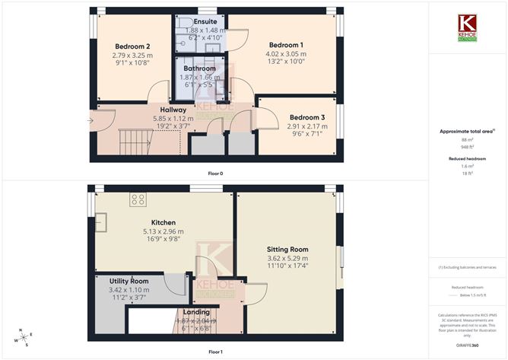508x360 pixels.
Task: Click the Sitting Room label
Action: (x=287, y=249)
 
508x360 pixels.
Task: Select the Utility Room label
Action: (x=129, y=281)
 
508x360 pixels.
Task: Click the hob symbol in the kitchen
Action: (x=138, y=199)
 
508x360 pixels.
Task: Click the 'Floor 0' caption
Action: (x=215, y=173)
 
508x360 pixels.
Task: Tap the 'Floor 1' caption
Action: (x=215, y=352)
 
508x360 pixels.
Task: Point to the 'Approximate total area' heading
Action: (x=467, y=131)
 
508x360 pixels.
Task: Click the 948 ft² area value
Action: (x=467, y=147)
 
